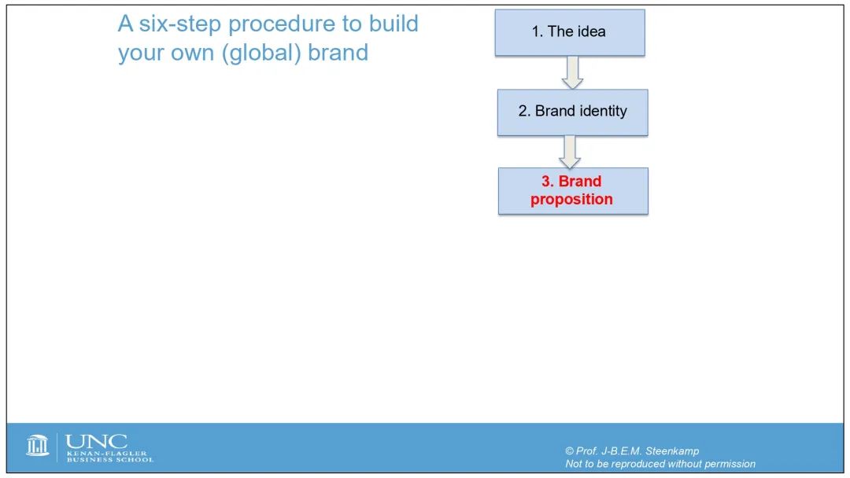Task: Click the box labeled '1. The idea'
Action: coord(570,32)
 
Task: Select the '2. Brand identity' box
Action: coord(572,112)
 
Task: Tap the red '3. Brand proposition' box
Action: coord(573,191)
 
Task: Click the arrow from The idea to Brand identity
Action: coord(572,72)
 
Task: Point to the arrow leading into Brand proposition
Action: coord(570,152)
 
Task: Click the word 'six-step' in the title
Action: coord(180,24)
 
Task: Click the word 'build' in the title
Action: coord(394,24)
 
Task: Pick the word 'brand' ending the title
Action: coord(338,53)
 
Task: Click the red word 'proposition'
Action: coord(571,200)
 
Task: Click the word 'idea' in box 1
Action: coord(591,31)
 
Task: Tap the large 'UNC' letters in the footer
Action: coord(97,442)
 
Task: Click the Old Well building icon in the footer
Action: coord(38,446)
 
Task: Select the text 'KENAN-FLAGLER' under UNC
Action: coord(107,453)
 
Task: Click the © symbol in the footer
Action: coord(569,451)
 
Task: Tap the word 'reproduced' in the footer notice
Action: coord(638,464)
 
